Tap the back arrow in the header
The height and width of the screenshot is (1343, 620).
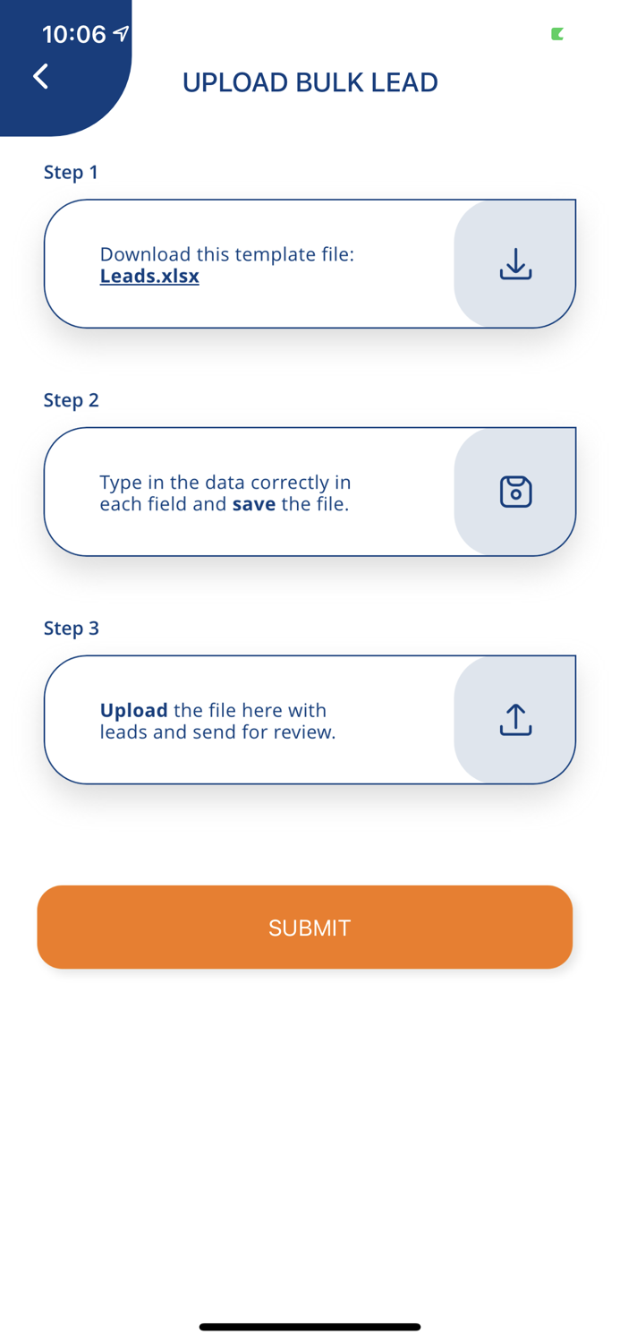[40, 76]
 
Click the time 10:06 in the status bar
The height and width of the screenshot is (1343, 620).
[73, 34]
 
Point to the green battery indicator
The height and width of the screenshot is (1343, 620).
[557, 34]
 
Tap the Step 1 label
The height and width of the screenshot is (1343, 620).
[71, 172]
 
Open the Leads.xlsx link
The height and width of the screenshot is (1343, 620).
[149, 276]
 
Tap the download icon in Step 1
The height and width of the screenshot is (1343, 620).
[515, 264]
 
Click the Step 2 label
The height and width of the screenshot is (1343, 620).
[71, 400]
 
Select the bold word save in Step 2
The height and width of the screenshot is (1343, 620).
[253, 504]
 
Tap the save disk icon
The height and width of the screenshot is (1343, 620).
[515, 492]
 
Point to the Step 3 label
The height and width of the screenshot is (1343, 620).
[71, 629]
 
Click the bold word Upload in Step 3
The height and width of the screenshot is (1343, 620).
[133, 710]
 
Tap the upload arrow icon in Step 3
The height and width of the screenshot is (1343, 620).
[515, 720]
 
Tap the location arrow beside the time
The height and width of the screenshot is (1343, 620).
[121, 34]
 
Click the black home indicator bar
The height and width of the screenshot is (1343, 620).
[310, 1327]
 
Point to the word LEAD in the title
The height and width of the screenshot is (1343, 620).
[406, 82]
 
